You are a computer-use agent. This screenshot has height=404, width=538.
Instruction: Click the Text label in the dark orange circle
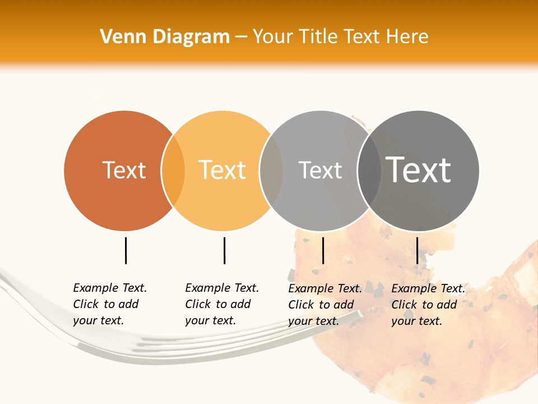click(124, 171)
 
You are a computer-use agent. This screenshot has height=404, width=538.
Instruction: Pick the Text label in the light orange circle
click(222, 170)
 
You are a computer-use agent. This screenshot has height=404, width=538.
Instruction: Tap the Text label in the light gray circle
click(320, 171)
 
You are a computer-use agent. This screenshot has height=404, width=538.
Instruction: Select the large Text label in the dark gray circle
click(418, 169)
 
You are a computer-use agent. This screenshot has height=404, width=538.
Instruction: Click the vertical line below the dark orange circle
click(126, 250)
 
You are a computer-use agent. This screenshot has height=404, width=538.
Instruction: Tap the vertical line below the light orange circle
click(224, 250)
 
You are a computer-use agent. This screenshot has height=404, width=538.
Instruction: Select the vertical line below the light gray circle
click(323, 250)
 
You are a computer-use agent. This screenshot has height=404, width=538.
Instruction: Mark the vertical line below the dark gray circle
click(417, 250)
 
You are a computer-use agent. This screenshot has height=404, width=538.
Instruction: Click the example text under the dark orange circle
click(109, 304)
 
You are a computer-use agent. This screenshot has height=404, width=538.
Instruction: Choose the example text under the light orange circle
click(221, 304)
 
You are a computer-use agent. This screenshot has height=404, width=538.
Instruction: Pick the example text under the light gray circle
click(324, 305)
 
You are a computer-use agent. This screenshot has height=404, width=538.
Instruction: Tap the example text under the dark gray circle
click(428, 305)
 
